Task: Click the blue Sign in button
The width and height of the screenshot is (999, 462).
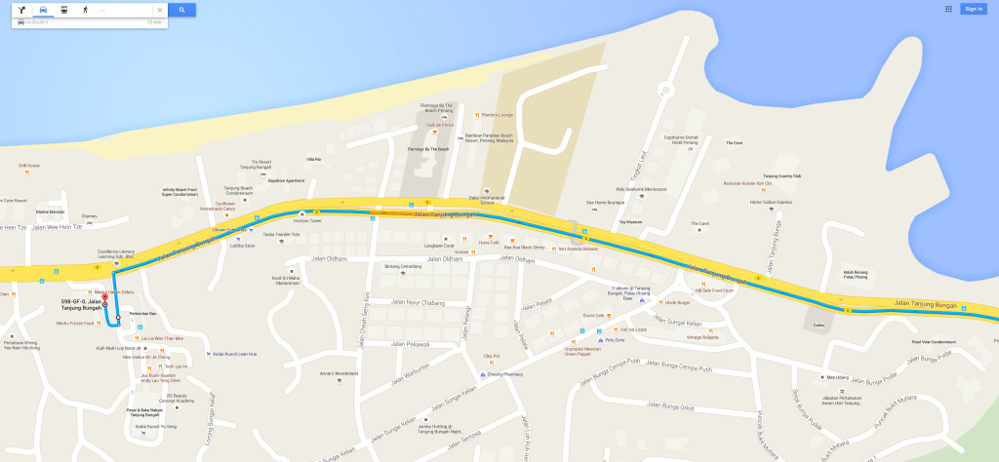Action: click(972, 9)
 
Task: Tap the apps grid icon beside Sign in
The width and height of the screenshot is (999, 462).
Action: click(948, 9)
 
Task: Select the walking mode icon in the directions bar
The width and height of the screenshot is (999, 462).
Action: click(85, 10)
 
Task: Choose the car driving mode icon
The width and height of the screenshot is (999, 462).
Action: click(43, 10)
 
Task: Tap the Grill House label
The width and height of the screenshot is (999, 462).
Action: click(29, 166)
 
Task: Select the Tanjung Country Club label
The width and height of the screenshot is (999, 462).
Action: click(781, 176)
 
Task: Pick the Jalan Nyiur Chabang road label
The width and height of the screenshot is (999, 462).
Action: click(417, 303)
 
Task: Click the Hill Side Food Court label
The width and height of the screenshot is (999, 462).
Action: click(715, 290)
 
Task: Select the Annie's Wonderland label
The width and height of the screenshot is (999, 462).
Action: click(340, 373)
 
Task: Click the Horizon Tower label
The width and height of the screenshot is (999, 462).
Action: click(308, 221)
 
